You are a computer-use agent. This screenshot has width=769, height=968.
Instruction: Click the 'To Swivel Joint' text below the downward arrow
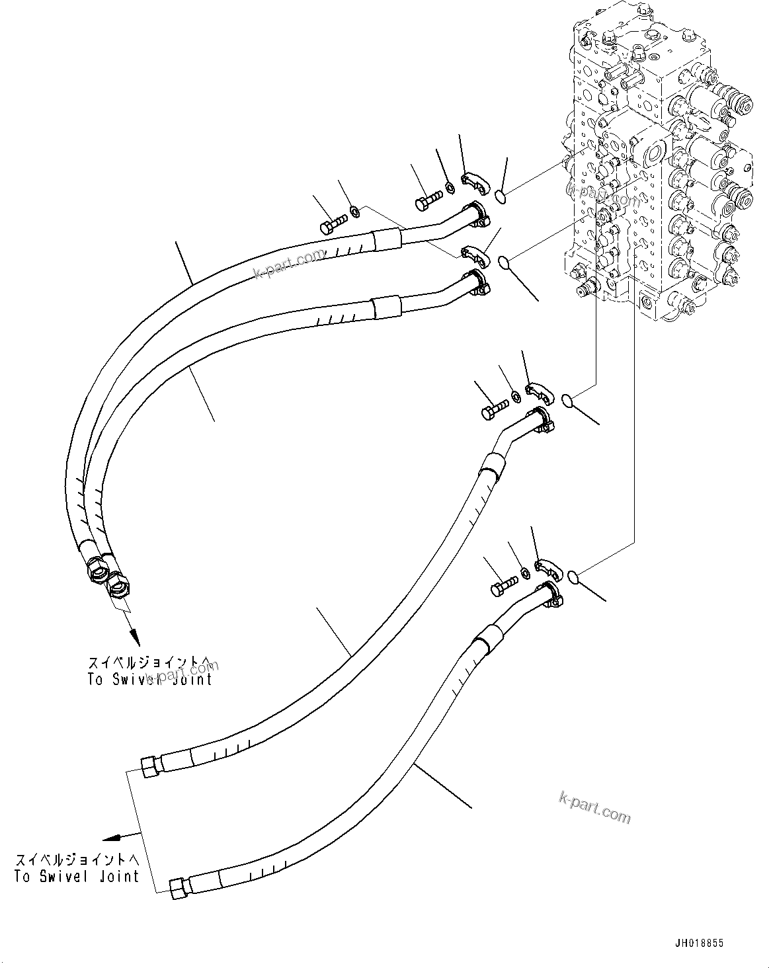150,679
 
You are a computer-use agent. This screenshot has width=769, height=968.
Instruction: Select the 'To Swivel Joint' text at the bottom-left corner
77,876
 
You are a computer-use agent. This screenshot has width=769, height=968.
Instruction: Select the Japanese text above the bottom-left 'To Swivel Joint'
77,860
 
